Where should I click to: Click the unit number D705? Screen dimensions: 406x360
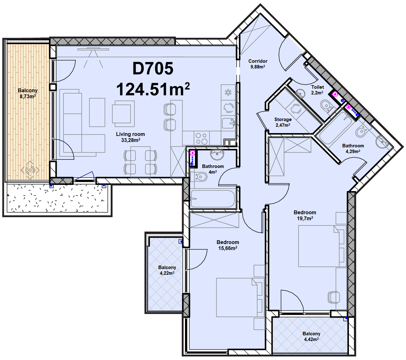coord(153,68)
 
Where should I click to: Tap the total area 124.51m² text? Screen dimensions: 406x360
coord(153,89)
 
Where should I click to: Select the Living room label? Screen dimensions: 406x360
coord(130,134)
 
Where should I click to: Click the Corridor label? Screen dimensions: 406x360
coord(258,61)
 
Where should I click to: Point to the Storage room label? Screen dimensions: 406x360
coord(283,119)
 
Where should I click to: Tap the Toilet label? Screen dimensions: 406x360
coord(318,87)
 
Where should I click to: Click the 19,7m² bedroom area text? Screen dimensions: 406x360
coord(305,218)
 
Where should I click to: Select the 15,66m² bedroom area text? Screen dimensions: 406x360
coord(228,248)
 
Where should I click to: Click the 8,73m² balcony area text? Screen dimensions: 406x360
coord(28,96)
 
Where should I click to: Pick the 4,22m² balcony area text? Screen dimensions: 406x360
coord(167,273)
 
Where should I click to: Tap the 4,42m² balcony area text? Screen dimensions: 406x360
coord(311,339)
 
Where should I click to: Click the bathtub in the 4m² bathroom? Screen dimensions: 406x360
coord(213,199)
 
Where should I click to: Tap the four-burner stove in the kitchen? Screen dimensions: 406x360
coord(201,138)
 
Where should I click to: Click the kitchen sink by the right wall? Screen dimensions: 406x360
coord(228,123)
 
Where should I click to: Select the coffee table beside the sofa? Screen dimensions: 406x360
coord(97,112)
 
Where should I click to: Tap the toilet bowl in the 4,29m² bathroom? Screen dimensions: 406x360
coord(362,131)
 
